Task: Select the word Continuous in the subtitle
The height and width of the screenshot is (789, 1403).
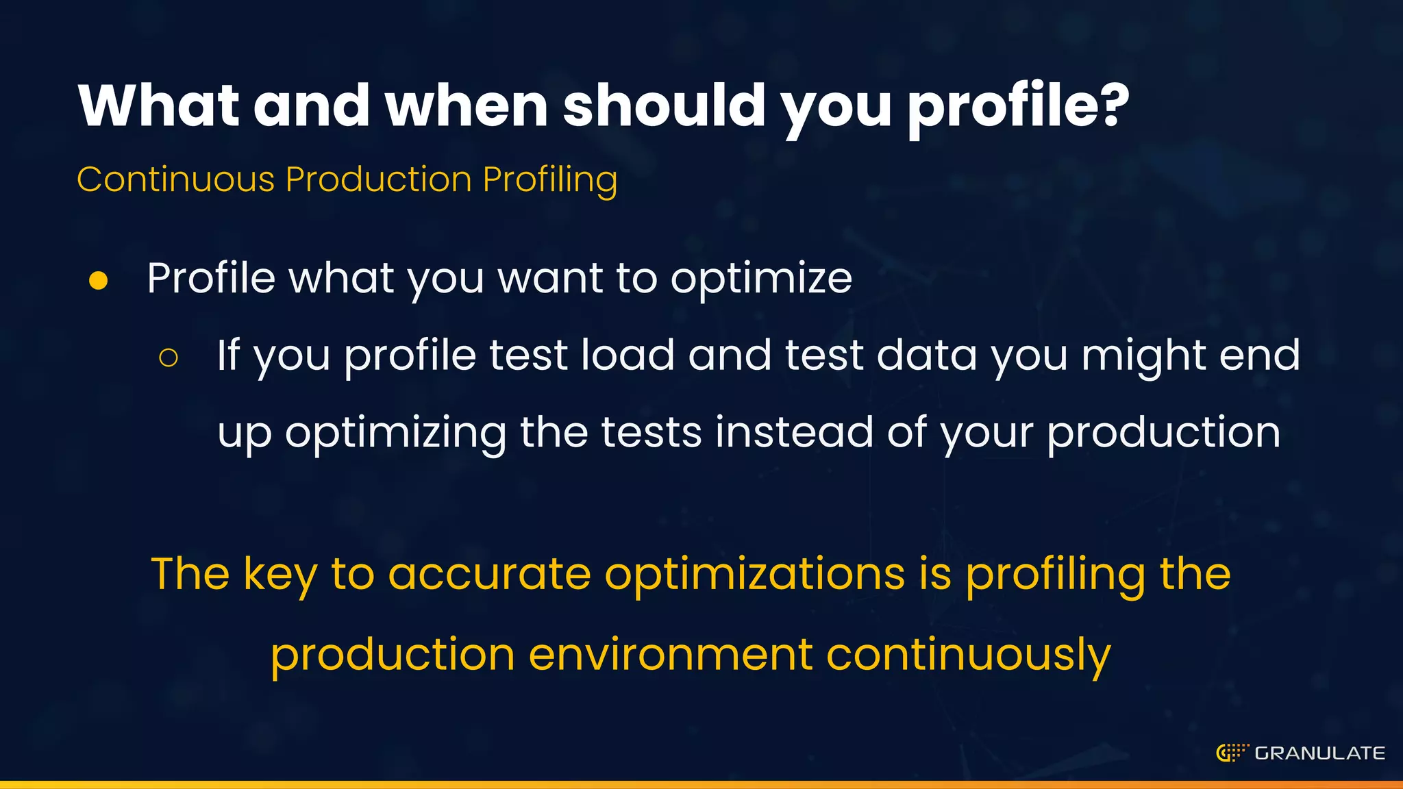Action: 175,179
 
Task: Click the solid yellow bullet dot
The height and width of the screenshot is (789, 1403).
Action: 99,281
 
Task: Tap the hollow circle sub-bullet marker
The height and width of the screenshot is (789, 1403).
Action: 168,358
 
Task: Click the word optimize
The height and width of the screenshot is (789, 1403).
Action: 761,279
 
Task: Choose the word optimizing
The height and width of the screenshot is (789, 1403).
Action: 396,434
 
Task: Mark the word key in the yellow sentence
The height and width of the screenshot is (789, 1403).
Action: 281,575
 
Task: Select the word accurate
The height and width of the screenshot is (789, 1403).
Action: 489,575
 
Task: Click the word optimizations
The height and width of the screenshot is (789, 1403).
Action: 754,575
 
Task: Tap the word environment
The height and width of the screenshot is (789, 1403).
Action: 671,654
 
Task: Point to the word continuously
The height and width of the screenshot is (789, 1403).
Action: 968,655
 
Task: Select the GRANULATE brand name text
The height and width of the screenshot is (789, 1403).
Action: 1319,753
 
